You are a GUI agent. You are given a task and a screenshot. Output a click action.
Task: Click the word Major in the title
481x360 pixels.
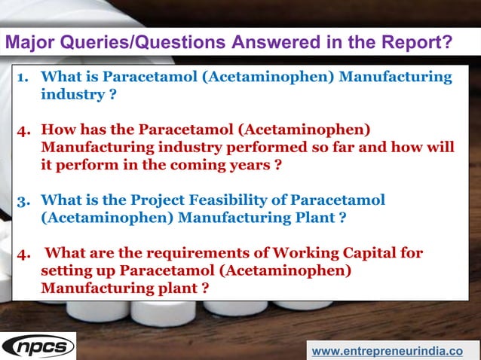pyautogui.click(x=29, y=43)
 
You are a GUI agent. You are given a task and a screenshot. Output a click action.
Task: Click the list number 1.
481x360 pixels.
pyautogui.click(x=23, y=78)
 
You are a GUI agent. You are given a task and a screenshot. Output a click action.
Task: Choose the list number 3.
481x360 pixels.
pyautogui.click(x=23, y=201)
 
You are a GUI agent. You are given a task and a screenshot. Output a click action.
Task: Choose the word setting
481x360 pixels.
pyautogui.click(x=67, y=270)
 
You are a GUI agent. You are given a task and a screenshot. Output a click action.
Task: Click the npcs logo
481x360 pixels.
pyautogui.click(x=38, y=346)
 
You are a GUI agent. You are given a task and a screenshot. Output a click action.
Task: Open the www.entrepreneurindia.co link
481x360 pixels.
pyautogui.click(x=387, y=351)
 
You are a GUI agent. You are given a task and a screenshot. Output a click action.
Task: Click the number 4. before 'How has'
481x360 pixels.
pyautogui.click(x=23, y=130)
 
